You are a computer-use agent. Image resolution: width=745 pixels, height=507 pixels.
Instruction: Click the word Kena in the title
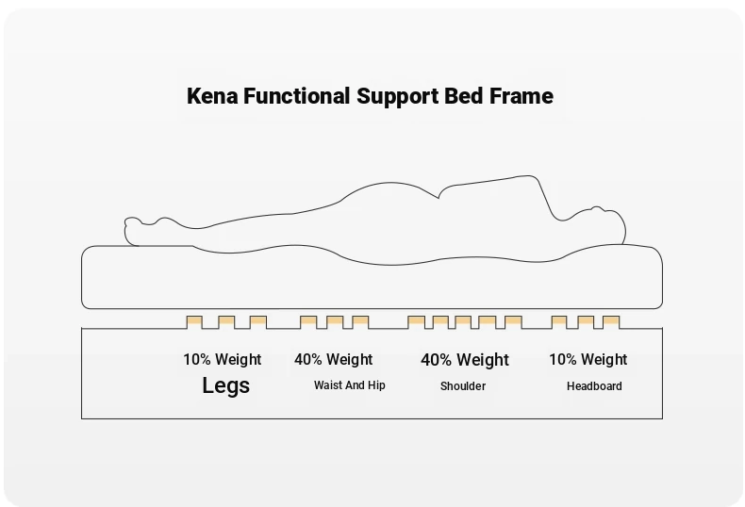tap(212, 96)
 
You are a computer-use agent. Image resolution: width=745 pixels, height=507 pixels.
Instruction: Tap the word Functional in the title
tap(297, 96)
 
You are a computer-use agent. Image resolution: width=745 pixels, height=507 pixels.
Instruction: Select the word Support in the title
tap(398, 97)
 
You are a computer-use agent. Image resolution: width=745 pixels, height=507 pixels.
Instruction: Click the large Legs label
tap(225, 385)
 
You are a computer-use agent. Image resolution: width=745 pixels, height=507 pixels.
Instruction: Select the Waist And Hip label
tap(349, 385)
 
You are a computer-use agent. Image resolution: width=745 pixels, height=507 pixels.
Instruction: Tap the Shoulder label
tap(463, 386)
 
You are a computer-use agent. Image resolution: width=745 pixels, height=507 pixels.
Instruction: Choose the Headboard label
tap(594, 386)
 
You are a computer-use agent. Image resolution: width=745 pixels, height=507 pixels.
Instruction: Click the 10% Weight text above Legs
tap(223, 359)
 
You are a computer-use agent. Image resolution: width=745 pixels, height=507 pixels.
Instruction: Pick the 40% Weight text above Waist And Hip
tap(334, 359)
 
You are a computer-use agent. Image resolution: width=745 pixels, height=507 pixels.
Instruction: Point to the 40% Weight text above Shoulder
tap(465, 360)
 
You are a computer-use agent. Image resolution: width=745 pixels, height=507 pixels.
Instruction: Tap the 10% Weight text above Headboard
tap(588, 359)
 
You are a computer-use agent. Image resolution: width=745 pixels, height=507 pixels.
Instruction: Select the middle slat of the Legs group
tap(226, 322)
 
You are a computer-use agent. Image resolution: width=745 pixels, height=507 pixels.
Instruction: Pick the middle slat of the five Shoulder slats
tap(463, 322)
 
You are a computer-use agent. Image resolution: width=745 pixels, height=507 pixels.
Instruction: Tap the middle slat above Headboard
tap(586, 322)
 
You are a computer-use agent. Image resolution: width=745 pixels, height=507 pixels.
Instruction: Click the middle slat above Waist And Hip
tap(335, 322)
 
